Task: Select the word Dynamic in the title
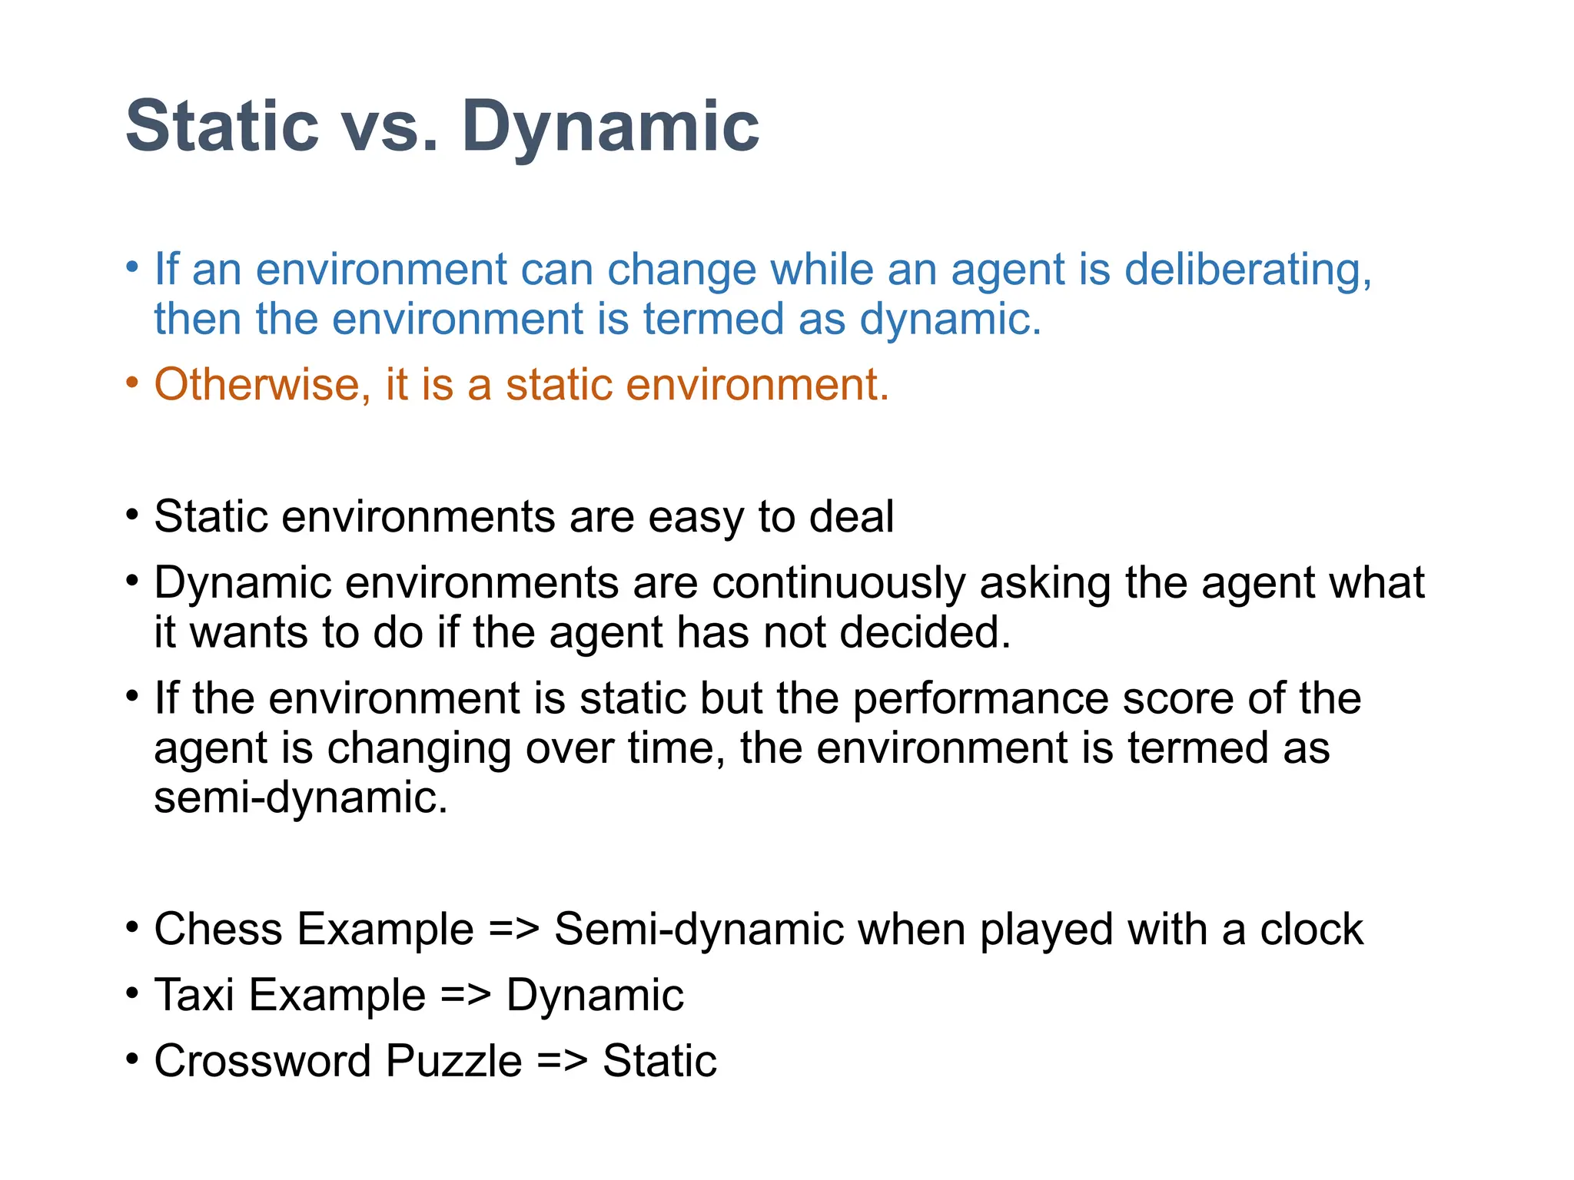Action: coord(610,128)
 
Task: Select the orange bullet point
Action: coord(132,383)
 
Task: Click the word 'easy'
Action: coord(696,518)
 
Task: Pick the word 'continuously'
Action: coord(838,583)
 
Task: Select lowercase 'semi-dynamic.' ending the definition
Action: coord(301,799)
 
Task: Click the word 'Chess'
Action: coord(218,930)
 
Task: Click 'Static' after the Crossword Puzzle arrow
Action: coord(659,1062)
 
